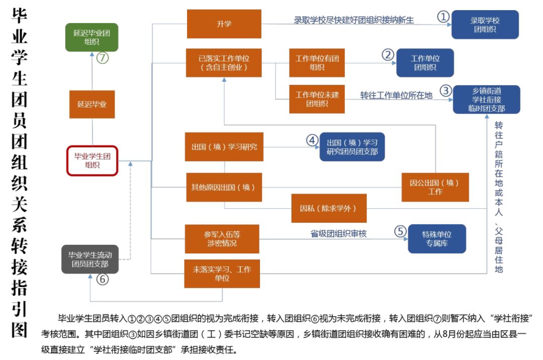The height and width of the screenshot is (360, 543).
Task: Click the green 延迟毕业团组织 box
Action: click(x=92, y=37)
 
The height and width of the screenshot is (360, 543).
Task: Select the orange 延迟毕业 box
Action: click(x=92, y=104)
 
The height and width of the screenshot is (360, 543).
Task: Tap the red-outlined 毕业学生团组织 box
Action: click(x=93, y=161)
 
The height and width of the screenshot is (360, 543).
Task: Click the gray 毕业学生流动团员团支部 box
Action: click(x=90, y=259)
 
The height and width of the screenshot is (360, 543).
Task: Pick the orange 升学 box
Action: click(x=224, y=24)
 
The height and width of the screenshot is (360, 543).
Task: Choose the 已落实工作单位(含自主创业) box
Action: click(x=224, y=63)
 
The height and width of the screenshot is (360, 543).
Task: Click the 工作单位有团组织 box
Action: click(x=317, y=63)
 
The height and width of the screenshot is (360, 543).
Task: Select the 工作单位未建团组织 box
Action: click(x=317, y=99)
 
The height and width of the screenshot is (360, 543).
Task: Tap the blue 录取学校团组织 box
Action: click(x=485, y=25)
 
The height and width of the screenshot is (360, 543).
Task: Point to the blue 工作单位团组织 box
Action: click(x=425, y=63)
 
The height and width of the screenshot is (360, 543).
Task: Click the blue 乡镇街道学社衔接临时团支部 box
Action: click(x=486, y=99)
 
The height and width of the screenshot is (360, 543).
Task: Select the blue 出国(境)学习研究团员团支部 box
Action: click(x=352, y=146)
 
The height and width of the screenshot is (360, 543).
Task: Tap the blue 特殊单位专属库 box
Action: click(x=436, y=239)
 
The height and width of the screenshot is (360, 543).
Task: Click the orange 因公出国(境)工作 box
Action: click(x=435, y=187)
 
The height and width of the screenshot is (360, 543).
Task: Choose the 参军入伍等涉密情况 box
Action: click(x=222, y=239)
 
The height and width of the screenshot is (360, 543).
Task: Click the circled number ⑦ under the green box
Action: click(x=103, y=58)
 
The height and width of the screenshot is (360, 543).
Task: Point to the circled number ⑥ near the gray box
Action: click(x=103, y=280)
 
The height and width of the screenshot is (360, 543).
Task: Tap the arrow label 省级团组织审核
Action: click(x=338, y=233)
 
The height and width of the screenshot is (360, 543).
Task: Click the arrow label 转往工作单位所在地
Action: click(x=396, y=96)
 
